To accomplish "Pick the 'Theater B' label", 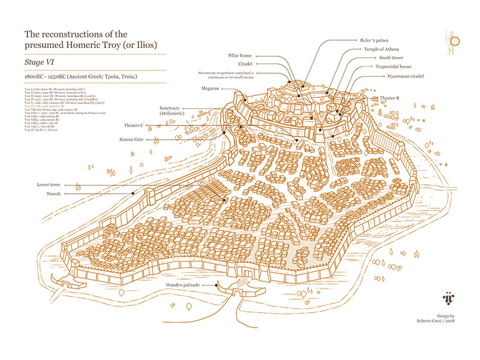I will coord(390,97).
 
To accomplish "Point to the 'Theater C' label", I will coord(133,125).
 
